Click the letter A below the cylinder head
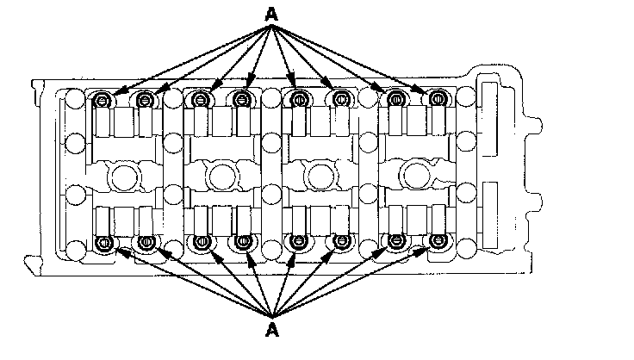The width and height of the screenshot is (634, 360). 272,330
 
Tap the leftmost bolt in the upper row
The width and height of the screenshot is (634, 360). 103,101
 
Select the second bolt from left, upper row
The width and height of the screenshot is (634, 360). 145,101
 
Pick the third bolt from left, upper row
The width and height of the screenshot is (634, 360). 201,101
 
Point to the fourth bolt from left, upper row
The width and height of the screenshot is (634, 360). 243,101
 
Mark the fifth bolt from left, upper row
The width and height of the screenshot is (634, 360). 298,101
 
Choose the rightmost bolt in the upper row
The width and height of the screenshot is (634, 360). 439,101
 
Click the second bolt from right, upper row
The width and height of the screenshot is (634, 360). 396,101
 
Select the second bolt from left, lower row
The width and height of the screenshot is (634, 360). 145,242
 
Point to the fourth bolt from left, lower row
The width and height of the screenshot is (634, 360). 243,242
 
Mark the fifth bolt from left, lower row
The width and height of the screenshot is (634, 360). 298,242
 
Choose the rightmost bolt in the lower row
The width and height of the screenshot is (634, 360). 439,242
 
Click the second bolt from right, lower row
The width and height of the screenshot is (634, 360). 396,242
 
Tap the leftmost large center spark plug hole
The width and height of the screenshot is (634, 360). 124,177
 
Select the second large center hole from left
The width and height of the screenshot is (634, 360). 222,177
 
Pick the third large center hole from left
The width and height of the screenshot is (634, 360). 320,177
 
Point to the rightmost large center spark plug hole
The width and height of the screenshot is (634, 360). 418,176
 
